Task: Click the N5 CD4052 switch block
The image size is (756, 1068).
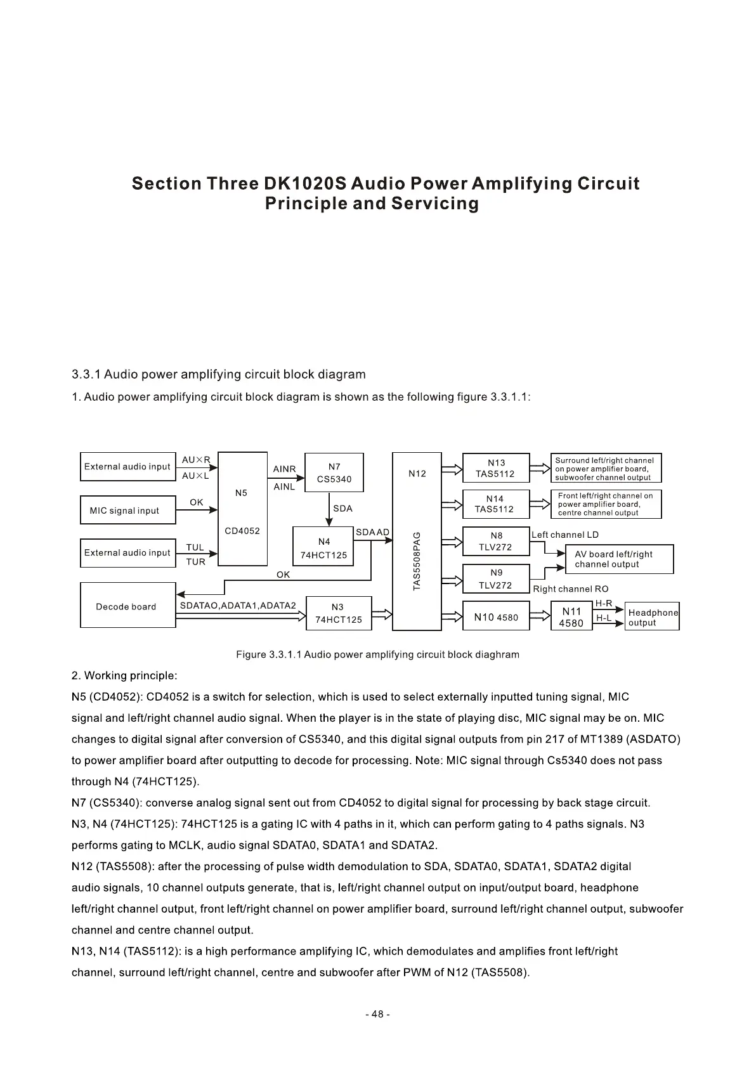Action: [x=242, y=509]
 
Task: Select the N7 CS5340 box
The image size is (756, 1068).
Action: [x=334, y=472]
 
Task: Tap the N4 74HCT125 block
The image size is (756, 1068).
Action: [x=323, y=547]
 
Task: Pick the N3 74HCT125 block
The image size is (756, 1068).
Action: [x=339, y=613]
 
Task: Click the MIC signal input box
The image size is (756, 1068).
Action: [x=127, y=511]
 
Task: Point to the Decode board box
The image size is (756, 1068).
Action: [x=127, y=606]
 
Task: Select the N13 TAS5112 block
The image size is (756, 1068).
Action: [x=495, y=468]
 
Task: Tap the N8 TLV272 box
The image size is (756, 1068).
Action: [x=495, y=542]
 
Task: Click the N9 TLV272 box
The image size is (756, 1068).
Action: [x=495, y=579]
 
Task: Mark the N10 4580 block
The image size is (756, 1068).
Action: [x=495, y=616]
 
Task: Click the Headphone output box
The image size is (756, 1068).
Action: [x=652, y=617]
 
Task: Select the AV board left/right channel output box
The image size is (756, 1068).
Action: [x=618, y=559]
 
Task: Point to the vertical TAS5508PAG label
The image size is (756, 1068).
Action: [x=417, y=561]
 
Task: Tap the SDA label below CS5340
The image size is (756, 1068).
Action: [x=342, y=509]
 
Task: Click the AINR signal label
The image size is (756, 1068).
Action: [x=284, y=469]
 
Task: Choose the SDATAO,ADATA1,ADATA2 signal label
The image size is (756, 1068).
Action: [x=238, y=606]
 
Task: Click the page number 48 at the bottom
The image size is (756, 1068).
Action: [x=377, y=1014]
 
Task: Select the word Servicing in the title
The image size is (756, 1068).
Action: [x=434, y=204]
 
